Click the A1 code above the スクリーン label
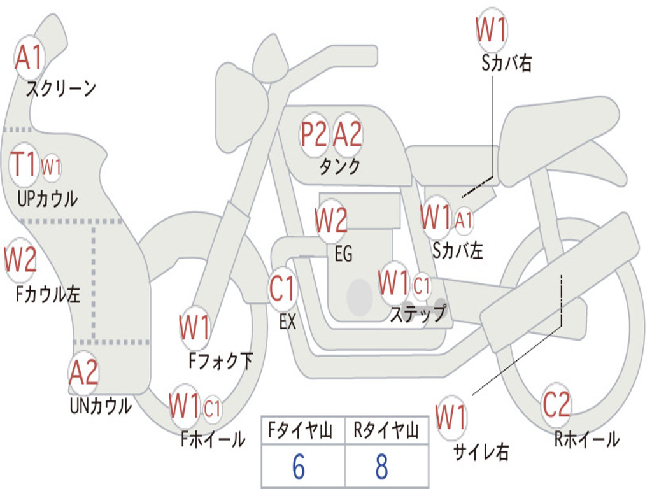[x=29, y=57]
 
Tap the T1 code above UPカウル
[x=24, y=164]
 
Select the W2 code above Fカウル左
[x=20, y=259]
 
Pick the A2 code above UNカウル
[x=83, y=372]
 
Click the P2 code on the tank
[x=314, y=134]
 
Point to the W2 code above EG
[x=331, y=220]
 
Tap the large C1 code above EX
[x=282, y=288]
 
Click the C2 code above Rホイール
[x=556, y=404]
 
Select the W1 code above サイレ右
[x=451, y=416]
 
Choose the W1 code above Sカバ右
[x=492, y=29]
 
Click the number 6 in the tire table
[x=299, y=467]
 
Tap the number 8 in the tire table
[x=382, y=467]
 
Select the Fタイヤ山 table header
[x=301, y=430]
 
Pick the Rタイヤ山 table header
[x=386, y=430]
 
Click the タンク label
[x=340, y=167]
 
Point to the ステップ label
[x=418, y=313]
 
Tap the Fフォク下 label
[x=221, y=361]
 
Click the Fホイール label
[x=213, y=439]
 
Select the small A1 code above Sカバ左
[x=464, y=220]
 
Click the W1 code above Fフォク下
[x=195, y=328]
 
